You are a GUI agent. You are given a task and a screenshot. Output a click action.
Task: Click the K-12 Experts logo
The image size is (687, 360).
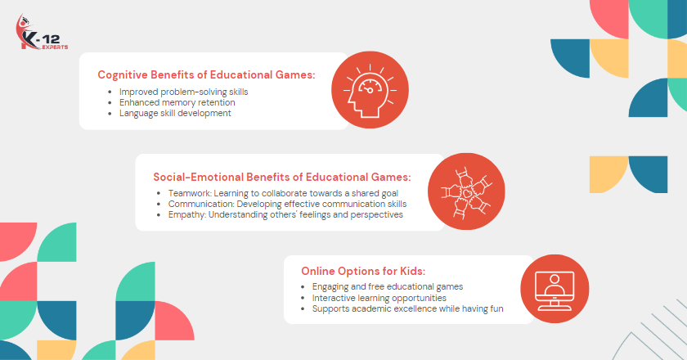tap(42, 32)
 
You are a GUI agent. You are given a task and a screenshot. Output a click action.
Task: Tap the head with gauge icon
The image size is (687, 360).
tap(370, 90)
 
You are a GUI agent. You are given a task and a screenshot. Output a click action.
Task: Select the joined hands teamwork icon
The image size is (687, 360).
tap(467, 192)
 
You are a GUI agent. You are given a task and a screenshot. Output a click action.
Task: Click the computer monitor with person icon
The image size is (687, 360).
tap(555, 290)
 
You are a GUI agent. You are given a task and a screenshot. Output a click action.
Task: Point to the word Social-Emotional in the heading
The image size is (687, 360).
tap(198, 178)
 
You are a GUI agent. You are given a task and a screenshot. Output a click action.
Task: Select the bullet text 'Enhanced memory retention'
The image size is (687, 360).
tap(177, 102)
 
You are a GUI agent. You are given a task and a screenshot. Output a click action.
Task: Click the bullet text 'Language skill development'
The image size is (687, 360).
tap(175, 113)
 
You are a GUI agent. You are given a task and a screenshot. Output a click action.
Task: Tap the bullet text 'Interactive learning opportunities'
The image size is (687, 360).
tap(379, 298)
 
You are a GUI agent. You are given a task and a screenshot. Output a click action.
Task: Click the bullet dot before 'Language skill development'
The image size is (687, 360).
tap(110, 114)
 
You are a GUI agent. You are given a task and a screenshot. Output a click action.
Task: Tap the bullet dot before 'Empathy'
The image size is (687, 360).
tap(159, 215)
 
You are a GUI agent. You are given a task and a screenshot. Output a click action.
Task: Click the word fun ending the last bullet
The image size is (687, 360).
tap(497, 308)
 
